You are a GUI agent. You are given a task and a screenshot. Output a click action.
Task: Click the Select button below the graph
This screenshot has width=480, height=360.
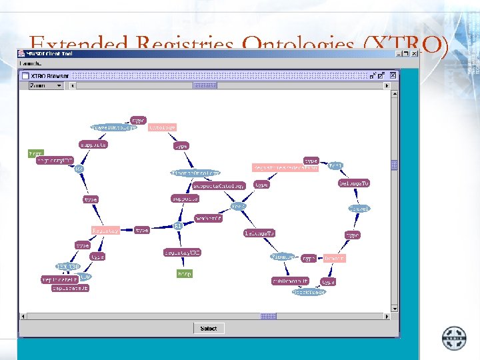click(208, 328)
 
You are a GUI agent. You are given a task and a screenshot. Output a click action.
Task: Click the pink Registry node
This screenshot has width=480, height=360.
click(105, 230)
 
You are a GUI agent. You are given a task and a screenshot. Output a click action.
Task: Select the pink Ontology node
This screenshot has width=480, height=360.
click(162, 127)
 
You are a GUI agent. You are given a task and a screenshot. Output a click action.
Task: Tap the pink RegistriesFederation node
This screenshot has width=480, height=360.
click(285, 168)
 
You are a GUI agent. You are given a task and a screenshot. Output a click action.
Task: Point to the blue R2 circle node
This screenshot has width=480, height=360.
click(79, 169)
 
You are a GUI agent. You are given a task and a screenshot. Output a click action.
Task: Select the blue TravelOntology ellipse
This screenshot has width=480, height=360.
click(113, 127)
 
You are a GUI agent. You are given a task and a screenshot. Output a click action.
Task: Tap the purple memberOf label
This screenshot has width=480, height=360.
click(208, 218)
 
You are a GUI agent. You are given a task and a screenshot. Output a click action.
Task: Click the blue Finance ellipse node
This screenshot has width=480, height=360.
click(283, 256)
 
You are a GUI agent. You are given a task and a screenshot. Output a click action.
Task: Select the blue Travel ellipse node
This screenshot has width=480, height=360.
click(359, 209)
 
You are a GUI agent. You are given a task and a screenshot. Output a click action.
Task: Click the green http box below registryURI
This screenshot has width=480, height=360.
click(185, 273)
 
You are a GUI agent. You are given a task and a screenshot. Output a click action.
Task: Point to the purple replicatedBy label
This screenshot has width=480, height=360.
click(59, 280)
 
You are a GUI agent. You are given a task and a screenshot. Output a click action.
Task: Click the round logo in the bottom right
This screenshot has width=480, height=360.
click(455, 337)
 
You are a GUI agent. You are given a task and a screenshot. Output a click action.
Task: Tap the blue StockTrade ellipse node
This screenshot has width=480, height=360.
click(309, 291)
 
